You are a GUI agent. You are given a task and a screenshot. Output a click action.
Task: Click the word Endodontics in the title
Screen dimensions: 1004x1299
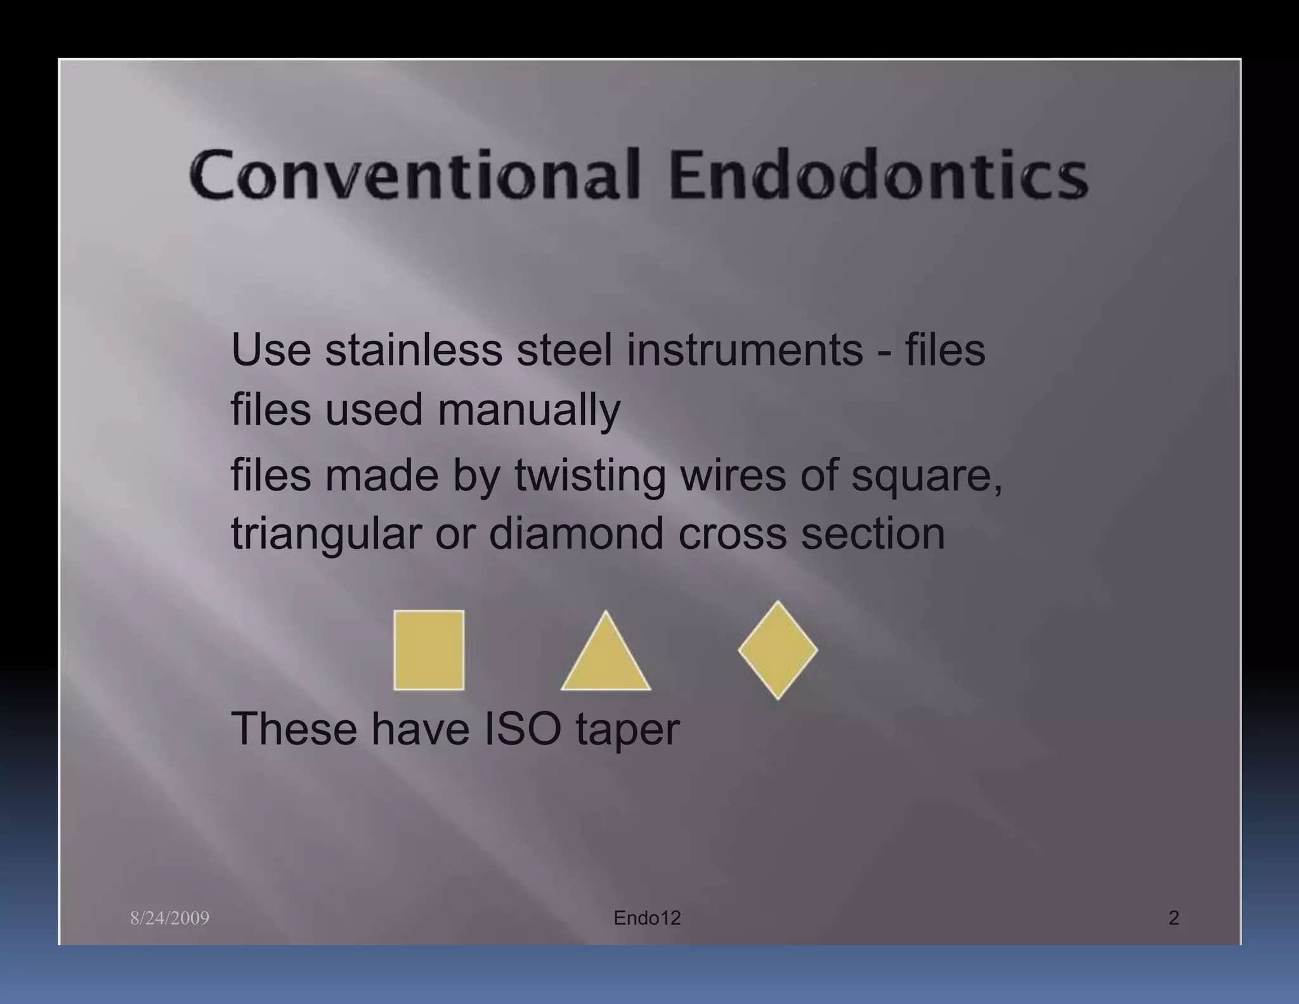tap(878, 175)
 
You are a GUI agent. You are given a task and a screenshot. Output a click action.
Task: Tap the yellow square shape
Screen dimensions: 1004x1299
tap(429, 650)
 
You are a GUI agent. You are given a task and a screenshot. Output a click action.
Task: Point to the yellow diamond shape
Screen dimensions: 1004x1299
tap(778, 650)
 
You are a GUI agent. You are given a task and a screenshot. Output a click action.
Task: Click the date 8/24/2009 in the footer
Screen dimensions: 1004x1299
tap(169, 918)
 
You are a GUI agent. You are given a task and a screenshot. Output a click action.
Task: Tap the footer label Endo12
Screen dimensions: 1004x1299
tap(647, 918)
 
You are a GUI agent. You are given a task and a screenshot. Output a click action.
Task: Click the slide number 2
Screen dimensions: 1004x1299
tap(1173, 918)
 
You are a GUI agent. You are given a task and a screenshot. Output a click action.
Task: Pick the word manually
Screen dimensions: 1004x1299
tap(529, 410)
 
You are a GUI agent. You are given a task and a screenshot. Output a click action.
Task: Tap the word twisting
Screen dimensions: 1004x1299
tap(590, 476)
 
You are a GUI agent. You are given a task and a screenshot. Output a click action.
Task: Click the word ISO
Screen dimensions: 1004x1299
tap(523, 729)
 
